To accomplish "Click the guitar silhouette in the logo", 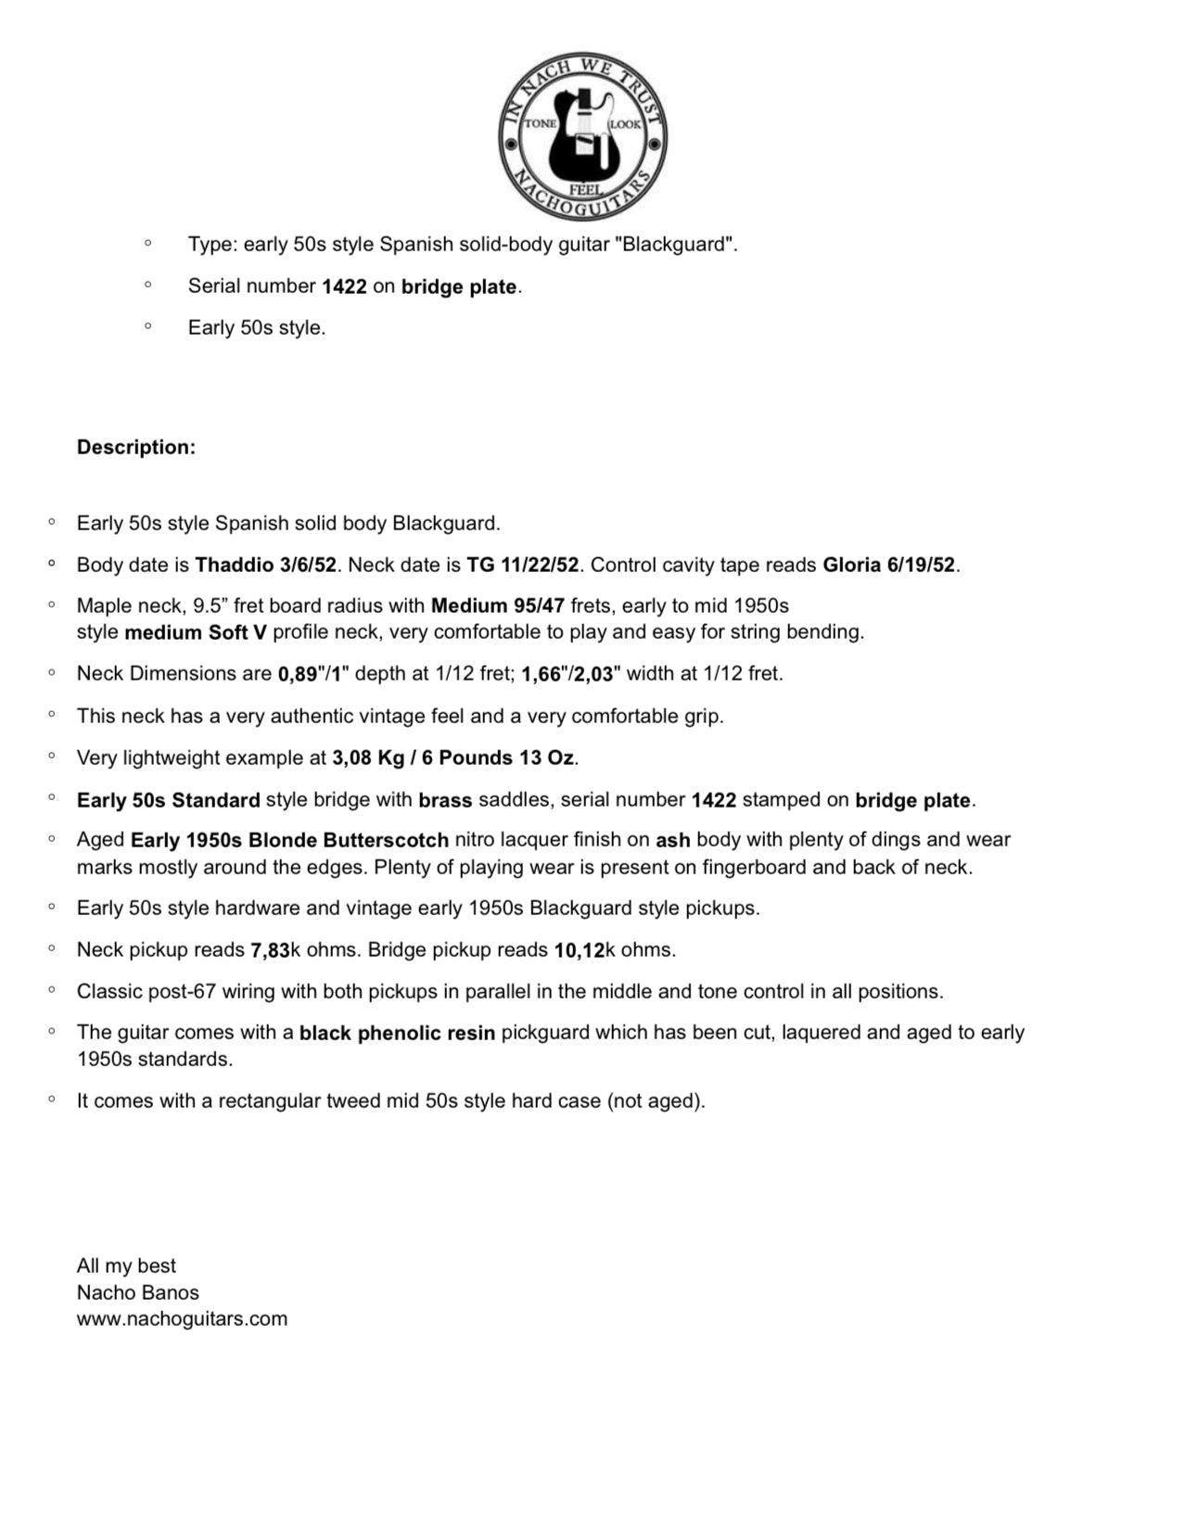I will tap(583, 139).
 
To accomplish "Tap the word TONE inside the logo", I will tap(541, 123).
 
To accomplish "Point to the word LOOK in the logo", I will tap(625, 124).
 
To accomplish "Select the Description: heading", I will tap(136, 447).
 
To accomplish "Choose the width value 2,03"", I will tap(593, 674).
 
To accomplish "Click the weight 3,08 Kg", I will tap(367, 758).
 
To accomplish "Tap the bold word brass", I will tap(445, 800).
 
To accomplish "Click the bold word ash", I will tap(673, 840).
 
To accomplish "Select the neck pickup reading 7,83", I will tap(270, 950).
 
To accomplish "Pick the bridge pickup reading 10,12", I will tap(579, 950).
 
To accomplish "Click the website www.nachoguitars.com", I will tap(182, 1319).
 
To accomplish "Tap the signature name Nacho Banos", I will tap(137, 1292).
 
